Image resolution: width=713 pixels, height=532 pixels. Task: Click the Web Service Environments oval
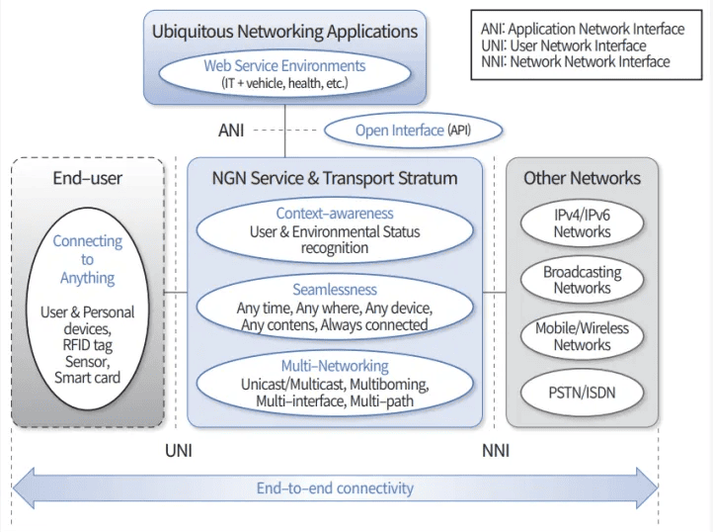(284, 73)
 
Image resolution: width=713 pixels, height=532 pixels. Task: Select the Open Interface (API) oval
(414, 130)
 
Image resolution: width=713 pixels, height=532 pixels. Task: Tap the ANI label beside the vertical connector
(230, 130)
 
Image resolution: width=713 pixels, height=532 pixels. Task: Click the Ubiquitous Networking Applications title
(284, 32)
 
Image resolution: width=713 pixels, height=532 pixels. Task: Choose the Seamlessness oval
(335, 308)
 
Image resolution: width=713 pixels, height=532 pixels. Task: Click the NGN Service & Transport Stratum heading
(335, 179)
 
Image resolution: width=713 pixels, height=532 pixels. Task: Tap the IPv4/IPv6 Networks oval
(582, 223)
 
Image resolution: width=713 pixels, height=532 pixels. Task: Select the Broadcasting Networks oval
(582, 280)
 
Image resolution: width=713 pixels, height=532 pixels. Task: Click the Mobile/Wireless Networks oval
(582, 336)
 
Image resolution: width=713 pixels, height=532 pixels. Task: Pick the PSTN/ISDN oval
(582, 393)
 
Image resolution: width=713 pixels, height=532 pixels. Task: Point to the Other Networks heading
(582, 179)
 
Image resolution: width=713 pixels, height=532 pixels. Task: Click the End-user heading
(88, 179)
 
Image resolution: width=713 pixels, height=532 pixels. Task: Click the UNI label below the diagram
(177, 450)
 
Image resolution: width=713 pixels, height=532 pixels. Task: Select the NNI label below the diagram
(496, 450)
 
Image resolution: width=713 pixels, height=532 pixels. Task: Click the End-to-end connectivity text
(335, 488)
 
